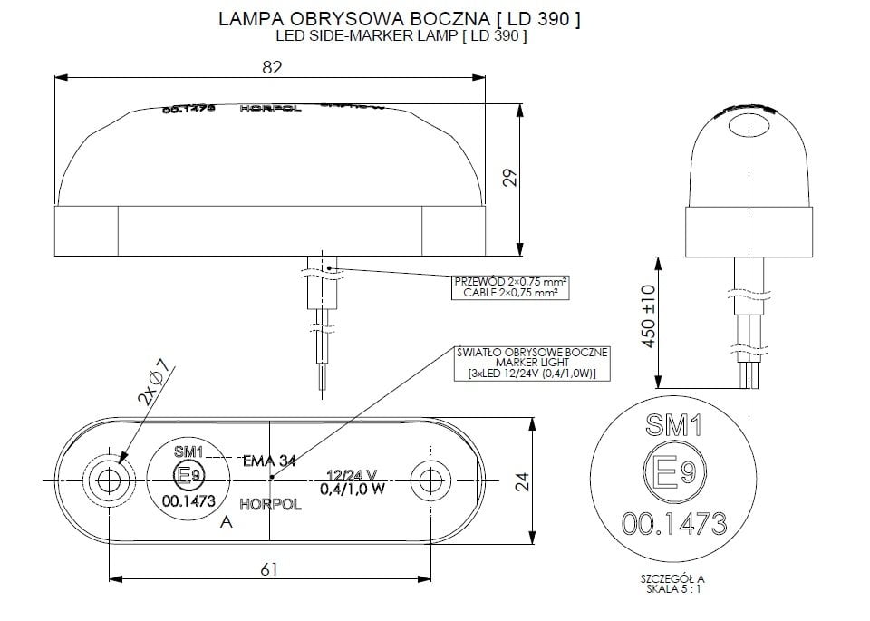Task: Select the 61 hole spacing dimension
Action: (268, 569)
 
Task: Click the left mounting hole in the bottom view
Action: (109, 480)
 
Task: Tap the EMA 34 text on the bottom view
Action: (269, 461)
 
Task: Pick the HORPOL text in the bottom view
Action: (270, 504)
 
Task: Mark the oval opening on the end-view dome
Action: (748, 128)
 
